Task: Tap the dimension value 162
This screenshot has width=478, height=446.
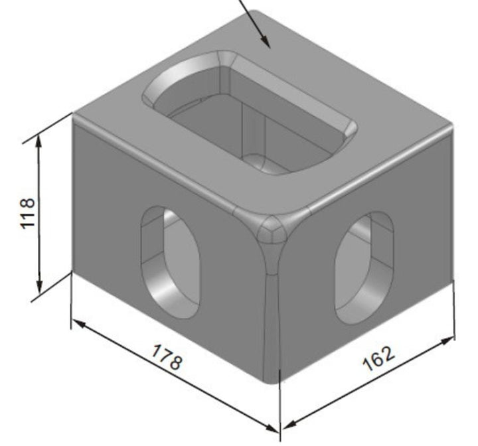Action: coord(378,359)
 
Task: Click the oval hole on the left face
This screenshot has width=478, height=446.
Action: coord(171,262)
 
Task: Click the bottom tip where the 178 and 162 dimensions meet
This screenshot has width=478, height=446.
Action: coord(279,428)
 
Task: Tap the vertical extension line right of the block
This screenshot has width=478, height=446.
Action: coord(455,312)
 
